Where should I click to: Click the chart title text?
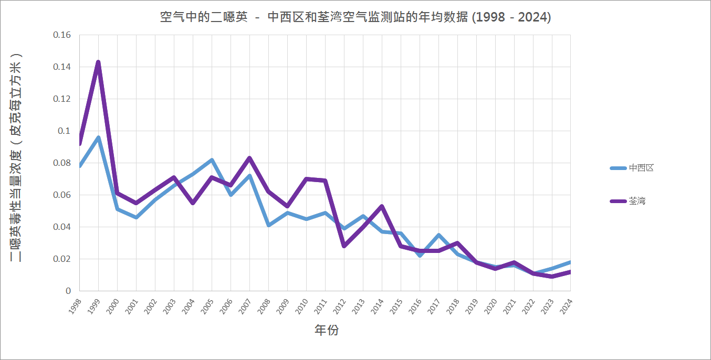pos(355,17)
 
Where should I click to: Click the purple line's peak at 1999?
pos(98,62)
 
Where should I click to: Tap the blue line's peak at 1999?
pos(98,137)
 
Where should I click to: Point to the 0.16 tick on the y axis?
pos(62,35)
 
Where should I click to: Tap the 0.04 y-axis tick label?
pos(62,227)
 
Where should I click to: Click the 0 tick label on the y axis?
pos(68,291)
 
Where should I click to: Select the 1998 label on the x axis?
pos(76,306)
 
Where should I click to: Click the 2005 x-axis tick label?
pos(208,306)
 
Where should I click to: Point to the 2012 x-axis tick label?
pos(340,306)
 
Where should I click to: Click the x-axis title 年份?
pos(326,331)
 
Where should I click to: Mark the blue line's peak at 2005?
pos(212,160)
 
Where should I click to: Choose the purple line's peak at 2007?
pos(249,158)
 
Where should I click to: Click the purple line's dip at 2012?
pos(344,246)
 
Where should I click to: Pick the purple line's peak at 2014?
pos(382,206)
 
